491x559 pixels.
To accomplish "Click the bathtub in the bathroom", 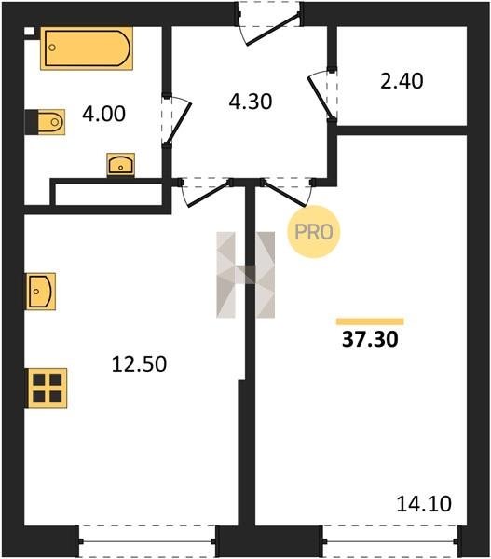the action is [87, 48].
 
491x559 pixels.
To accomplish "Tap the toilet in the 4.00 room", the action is [46, 122].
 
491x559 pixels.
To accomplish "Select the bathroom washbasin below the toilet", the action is [121, 165].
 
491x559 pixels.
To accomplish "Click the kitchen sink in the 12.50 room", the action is [40, 292].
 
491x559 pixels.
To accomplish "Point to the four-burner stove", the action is [47, 388].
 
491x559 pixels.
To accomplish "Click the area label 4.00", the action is [103, 114].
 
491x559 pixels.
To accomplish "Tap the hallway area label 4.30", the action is [251, 102].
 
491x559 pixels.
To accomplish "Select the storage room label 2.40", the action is [402, 81].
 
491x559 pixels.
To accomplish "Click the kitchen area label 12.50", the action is [139, 364].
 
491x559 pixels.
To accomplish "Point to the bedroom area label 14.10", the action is [424, 504].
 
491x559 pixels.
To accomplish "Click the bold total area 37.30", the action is [370, 339].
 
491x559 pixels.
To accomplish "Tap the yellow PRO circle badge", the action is [314, 232].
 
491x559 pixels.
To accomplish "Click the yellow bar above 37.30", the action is [370, 321].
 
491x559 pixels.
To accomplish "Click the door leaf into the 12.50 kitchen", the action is [210, 195].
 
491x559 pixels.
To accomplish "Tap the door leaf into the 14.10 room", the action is [284, 195].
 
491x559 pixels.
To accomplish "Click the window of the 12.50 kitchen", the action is [147, 541].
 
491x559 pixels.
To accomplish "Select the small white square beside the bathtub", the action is [30, 32].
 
